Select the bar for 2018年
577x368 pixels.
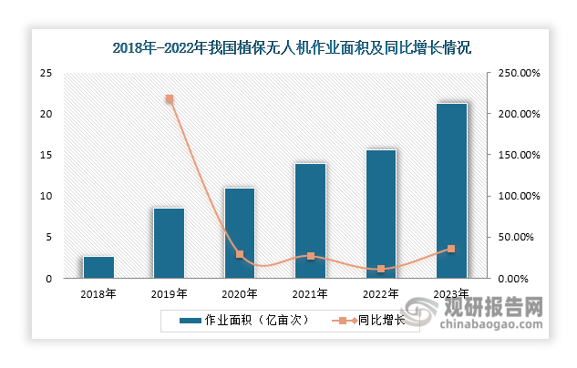tap(98, 267)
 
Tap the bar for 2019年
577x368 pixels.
tap(169, 243)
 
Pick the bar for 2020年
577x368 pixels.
tap(239, 232)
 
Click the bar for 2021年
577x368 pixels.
tap(310, 220)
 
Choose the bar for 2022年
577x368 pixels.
tap(381, 214)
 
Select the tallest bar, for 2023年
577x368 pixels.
tap(451, 190)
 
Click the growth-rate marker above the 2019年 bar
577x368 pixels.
tap(169, 98)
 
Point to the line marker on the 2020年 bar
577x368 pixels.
tap(240, 254)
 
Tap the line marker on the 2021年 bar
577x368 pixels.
tap(310, 256)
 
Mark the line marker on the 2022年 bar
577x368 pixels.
tap(381, 269)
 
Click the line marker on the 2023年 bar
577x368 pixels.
tap(451, 249)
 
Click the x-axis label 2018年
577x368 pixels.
tap(98, 293)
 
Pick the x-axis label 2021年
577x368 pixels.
tap(310, 293)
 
